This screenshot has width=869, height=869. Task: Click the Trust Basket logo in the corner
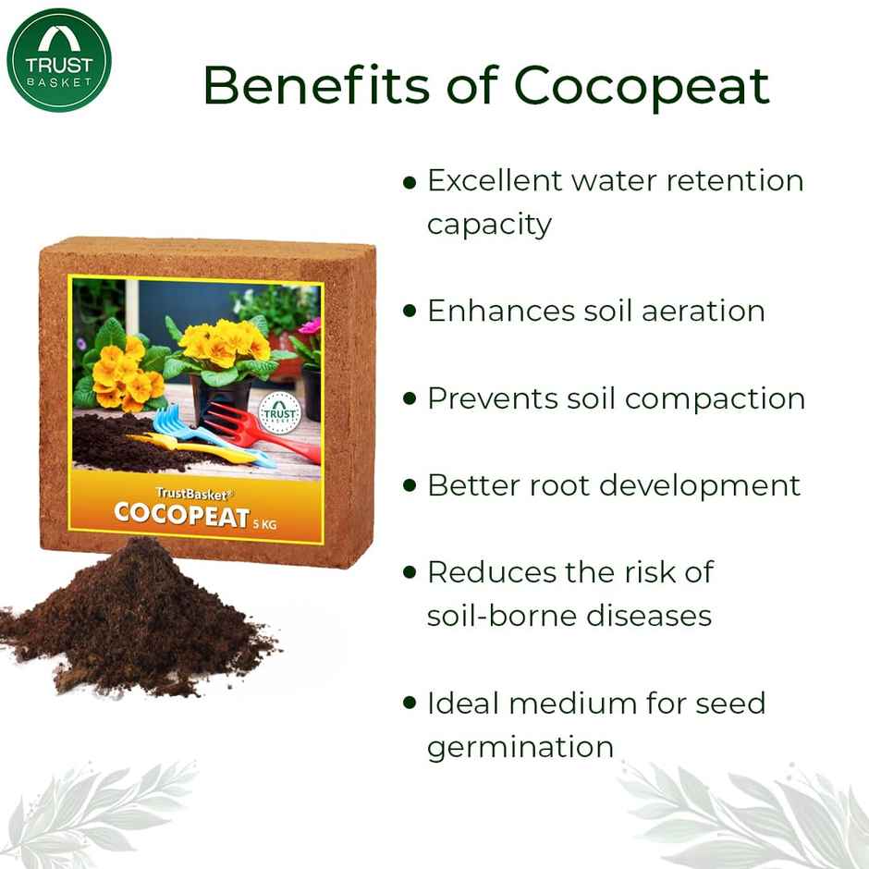[x=59, y=59]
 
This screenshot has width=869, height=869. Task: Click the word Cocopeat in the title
[x=642, y=86]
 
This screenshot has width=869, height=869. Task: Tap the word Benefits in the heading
[x=314, y=86]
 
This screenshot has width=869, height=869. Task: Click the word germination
[x=520, y=746]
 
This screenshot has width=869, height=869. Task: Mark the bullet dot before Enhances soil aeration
[x=410, y=312]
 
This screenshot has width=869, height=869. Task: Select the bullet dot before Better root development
[x=410, y=486]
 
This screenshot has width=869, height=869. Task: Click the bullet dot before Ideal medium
[x=410, y=704]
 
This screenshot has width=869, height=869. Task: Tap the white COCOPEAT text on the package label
[x=181, y=515]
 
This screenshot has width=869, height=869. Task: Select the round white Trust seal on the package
[x=278, y=411]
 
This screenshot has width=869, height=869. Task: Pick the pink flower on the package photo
[x=310, y=326]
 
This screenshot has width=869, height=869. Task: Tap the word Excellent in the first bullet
[x=493, y=180]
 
